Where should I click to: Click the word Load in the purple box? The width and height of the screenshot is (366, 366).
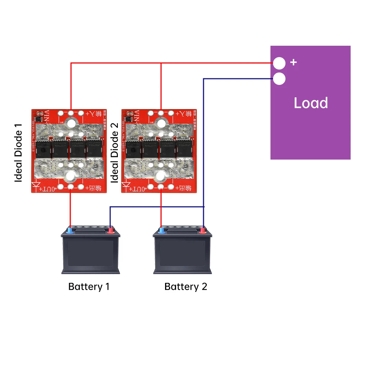[x=310, y=103]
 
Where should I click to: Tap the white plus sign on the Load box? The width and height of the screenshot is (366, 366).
[x=293, y=62]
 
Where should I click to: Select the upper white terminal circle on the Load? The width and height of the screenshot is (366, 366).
[x=279, y=63]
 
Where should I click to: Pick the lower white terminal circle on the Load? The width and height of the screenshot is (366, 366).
[x=279, y=79]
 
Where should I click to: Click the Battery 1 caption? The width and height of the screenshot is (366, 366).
[x=89, y=287]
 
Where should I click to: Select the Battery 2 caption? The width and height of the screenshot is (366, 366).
[x=186, y=287]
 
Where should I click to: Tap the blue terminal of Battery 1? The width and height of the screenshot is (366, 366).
[x=70, y=230]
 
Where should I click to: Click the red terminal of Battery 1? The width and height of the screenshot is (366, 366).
[x=110, y=230]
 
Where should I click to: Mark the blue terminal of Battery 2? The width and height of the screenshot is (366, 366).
[x=161, y=230]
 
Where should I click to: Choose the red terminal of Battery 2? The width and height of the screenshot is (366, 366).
[x=202, y=230]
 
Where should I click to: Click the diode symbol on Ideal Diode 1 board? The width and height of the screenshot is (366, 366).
[x=36, y=187]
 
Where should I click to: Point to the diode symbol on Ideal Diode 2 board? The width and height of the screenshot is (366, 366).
[x=127, y=187]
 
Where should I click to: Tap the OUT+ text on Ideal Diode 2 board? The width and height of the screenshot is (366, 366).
[x=139, y=188]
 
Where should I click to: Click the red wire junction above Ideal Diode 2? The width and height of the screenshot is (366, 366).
[x=161, y=63]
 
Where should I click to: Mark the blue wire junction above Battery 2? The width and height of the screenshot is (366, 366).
[x=204, y=207]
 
